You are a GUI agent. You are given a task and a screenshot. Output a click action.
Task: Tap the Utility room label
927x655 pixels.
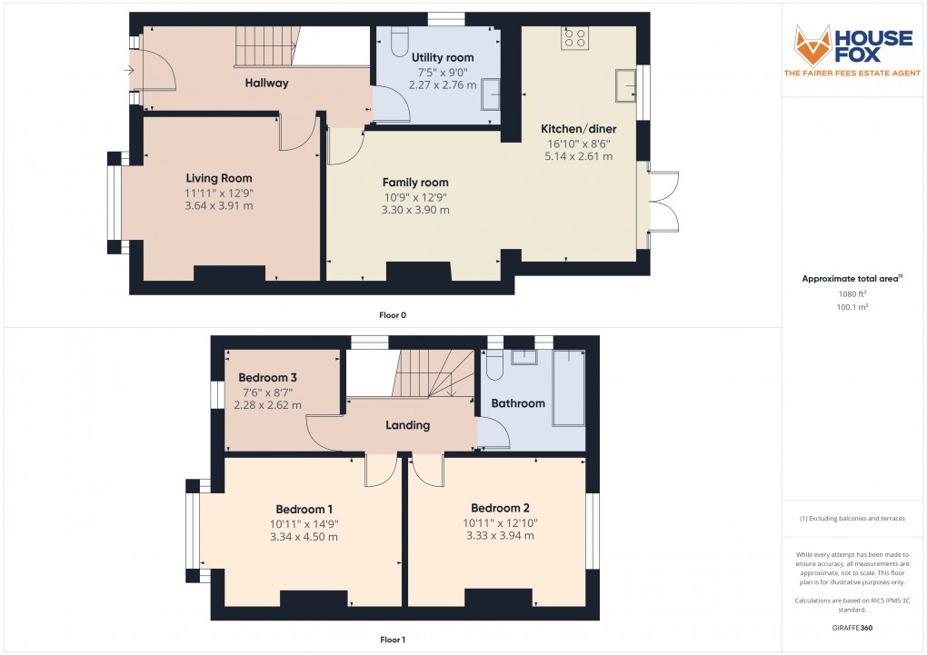[x=442, y=57]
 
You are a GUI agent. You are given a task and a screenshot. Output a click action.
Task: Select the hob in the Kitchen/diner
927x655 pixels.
[x=574, y=38]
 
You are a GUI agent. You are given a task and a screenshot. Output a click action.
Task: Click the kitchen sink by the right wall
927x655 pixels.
[x=625, y=84]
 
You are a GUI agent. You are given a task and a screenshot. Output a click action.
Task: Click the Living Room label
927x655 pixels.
[x=219, y=178]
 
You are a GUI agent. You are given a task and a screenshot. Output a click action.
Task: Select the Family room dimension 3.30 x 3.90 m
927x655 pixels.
[x=415, y=210]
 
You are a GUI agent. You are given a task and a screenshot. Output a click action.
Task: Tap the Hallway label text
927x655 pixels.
[x=266, y=83]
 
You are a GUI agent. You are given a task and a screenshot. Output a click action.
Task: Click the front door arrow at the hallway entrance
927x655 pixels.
[x=133, y=70]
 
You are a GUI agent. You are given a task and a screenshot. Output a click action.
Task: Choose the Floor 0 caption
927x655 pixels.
[x=393, y=315]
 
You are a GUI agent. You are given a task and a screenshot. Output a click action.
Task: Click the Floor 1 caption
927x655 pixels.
[x=393, y=640]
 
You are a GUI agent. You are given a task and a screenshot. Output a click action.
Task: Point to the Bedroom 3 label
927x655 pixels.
[x=267, y=377]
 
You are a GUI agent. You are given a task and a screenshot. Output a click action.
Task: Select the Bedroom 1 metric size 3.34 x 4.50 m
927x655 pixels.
[x=304, y=536]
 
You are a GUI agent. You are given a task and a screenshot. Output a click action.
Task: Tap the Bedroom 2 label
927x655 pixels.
[x=500, y=508]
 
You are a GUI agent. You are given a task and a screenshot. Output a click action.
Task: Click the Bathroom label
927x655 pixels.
[x=517, y=403]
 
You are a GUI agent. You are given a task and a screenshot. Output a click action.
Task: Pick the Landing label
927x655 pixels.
[x=407, y=425]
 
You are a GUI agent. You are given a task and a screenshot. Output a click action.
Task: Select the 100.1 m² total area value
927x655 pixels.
[x=852, y=307]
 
